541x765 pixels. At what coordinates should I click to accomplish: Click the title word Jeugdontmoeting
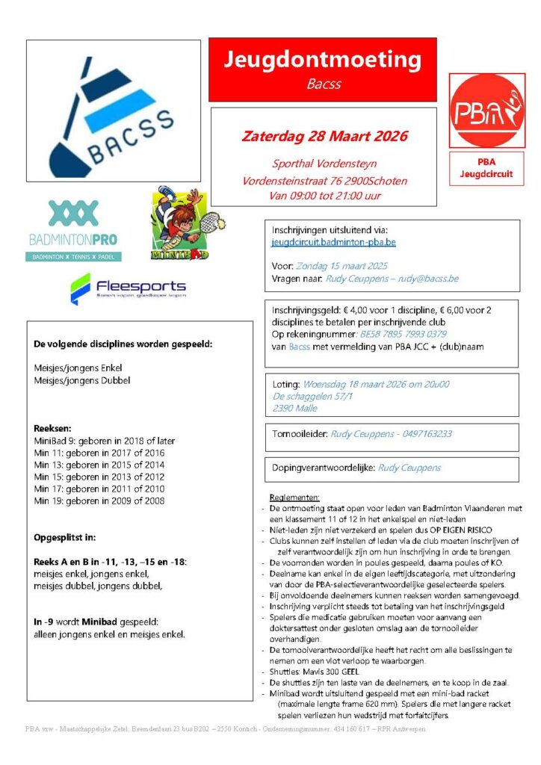tap(323, 59)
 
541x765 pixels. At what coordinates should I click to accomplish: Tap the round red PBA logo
tap(486, 111)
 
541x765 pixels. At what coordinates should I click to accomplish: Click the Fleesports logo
tap(128, 288)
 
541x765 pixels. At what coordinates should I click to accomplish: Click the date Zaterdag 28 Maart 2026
tap(324, 136)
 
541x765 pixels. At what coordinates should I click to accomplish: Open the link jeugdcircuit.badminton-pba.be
tap(333, 242)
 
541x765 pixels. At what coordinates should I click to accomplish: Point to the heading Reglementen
tap(293, 498)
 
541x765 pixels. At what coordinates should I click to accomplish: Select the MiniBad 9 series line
tap(104, 441)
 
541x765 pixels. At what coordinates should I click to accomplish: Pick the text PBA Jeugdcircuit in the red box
tap(486, 168)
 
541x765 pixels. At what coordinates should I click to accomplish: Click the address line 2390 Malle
tap(294, 408)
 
